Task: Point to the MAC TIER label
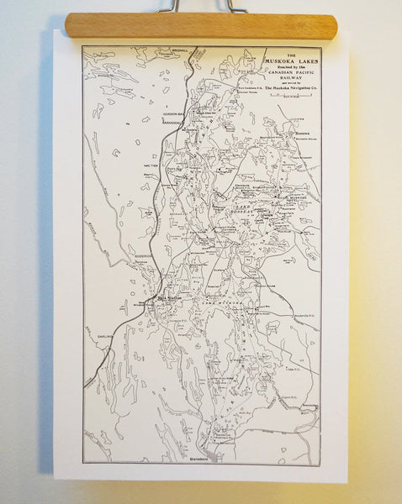pos(151,165)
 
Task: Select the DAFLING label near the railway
pos(104,333)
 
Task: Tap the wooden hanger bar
pos(200,25)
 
